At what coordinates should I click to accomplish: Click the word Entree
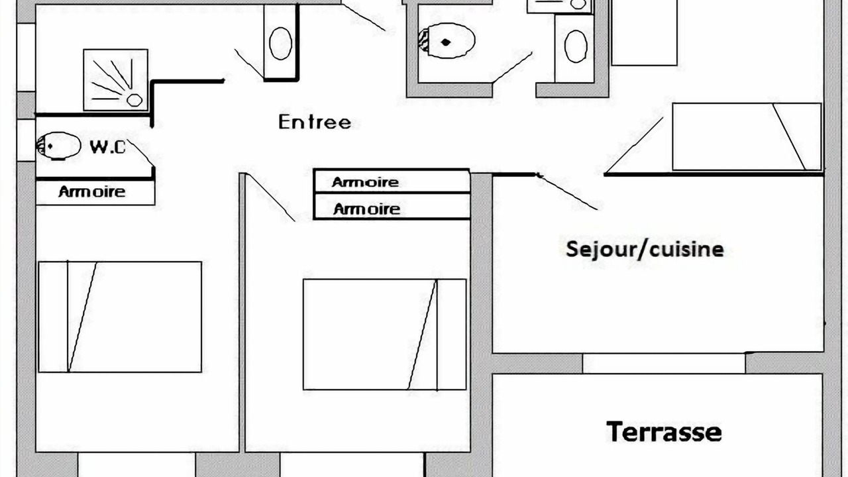coord(315,122)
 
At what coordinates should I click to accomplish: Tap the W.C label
coord(107,147)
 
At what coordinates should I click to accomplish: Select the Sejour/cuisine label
coord(645,250)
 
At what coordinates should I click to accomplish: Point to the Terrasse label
coord(664,431)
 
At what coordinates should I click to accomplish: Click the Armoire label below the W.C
coord(92,191)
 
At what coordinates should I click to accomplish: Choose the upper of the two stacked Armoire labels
coord(365,182)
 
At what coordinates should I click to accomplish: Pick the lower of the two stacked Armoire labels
coord(366,209)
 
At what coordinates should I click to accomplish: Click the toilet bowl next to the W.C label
coord(59,146)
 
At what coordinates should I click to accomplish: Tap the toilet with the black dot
coord(447,41)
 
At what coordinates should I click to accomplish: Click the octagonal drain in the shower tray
coord(134,100)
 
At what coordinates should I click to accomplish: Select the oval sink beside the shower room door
coord(280,43)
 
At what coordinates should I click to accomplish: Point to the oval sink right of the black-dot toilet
coord(576,46)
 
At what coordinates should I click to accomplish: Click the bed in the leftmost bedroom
coord(120,317)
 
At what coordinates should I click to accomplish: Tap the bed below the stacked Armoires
coord(385,335)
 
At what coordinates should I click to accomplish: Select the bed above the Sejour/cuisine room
coord(747,136)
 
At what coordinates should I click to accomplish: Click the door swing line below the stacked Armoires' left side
coord(270,197)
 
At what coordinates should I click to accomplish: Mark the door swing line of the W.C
coord(141,153)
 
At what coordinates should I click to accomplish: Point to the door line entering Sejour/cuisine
coord(568,192)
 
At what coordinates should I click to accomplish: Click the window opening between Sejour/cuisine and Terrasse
coord(664,364)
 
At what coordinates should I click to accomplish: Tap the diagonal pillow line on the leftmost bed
coord(83,317)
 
